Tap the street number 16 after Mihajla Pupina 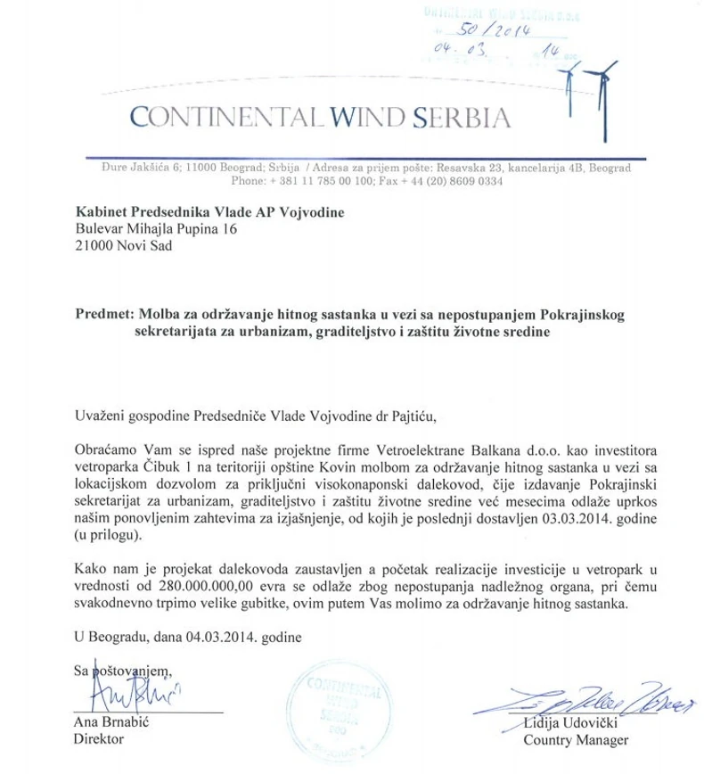click(x=235, y=228)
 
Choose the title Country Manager click(x=576, y=739)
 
